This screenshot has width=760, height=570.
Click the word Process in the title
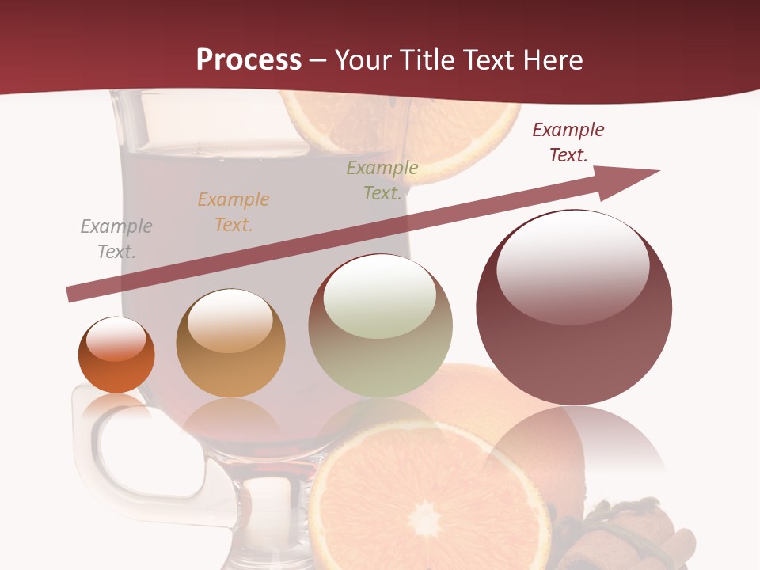click(249, 60)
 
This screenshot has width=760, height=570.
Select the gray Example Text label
click(116, 239)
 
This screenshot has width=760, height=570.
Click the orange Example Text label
click(234, 212)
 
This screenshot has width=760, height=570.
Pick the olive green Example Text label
click(382, 180)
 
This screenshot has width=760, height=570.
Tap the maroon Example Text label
click(568, 142)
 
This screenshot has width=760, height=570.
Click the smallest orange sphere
click(116, 355)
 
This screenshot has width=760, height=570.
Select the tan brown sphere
click(230, 344)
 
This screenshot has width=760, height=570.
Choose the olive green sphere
click(380, 326)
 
